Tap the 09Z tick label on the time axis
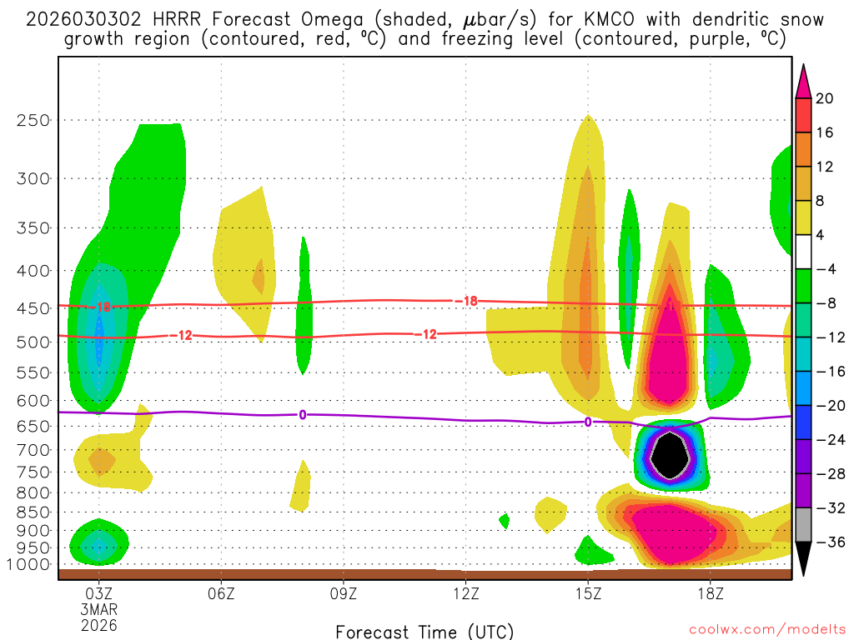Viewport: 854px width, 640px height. click(x=344, y=595)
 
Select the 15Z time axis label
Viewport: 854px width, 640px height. click(x=588, y=595)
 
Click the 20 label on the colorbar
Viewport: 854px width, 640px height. click(x=824, y=98)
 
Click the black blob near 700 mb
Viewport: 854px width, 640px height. click(x=671, y=455)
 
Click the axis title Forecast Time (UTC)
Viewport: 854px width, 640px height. click(x=424, y=631)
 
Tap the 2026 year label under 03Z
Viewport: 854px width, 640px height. click(x=99, y=625)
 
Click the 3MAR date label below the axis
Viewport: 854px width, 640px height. click(x=99, y=610)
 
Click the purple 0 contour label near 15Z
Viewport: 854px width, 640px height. click(x=588, y=422)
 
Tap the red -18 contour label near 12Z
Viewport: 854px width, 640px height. click(x=470, y=301)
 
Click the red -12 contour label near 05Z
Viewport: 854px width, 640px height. click(x=183, y=335)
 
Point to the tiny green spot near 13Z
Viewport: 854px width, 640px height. click(x=504, y=521)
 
